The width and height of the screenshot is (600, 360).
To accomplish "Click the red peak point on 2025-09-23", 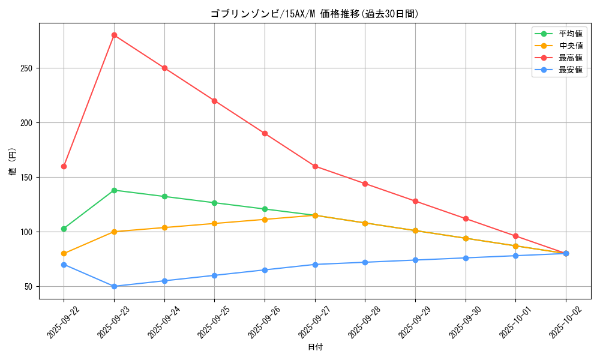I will pos(114,35).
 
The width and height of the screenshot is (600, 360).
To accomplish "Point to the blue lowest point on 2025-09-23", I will pos(114,286).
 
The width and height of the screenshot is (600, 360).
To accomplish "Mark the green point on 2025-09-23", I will pos(114,190).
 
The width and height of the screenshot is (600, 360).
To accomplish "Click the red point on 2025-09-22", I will pos(64,166).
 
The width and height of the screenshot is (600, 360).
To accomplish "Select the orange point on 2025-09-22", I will pos(64,253).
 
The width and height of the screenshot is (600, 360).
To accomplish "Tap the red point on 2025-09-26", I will pos(265,133).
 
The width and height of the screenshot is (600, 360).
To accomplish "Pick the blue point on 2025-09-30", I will pos(466,258).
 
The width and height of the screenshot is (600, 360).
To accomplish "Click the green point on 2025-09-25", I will pos(214,203).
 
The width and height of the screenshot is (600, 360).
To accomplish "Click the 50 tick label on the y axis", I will pos(29,286).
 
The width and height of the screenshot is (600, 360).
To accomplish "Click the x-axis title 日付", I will pos(315,347).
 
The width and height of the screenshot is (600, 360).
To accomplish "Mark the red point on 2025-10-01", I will pos(515,236).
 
